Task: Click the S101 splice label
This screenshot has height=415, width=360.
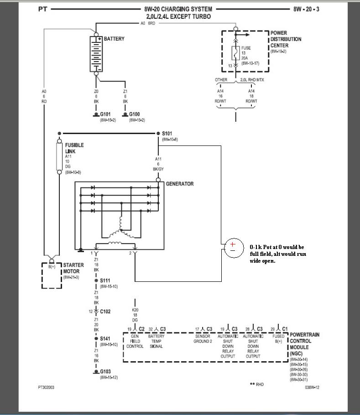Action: pos(167,134)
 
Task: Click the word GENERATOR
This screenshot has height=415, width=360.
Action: pos(180,184)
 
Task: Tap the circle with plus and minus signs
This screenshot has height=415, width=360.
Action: pos(233,247)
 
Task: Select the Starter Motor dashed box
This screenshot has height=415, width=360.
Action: pos(52,275)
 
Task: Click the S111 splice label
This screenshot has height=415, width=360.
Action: pos(105,281)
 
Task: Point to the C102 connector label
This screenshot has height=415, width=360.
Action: pos(106,311)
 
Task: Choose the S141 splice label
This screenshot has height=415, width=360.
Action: pos(105,339)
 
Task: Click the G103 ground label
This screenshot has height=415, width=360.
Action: pos(105,372)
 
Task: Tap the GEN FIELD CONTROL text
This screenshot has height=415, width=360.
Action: pos(135,341)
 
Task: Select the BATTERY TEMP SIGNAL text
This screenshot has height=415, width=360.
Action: pos(157,341)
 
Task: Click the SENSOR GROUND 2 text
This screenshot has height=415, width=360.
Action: pos(203,338)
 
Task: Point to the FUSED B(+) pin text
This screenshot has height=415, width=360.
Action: pos(278,338)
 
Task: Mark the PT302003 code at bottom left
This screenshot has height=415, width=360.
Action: pos(46,387)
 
